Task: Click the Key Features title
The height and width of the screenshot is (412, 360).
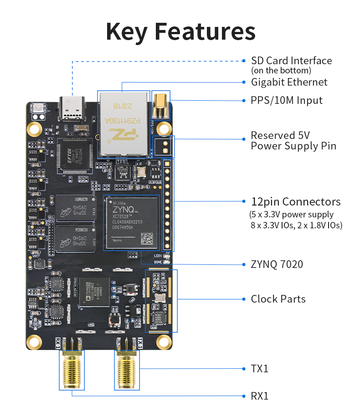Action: [x=180, y=31]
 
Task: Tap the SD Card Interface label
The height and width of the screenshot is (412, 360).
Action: [x=291, y=61]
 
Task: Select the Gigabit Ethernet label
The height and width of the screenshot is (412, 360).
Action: [x=289, y=82]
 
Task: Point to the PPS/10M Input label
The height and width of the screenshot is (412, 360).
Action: [x=287, y=100]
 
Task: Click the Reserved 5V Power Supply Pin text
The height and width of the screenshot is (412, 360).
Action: [x=293, y=141]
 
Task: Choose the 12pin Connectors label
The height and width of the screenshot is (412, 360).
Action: [x=296, y=201]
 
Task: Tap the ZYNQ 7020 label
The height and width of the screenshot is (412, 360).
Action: [x=277, y=264]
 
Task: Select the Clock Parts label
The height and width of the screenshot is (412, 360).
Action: [x=278, y=299]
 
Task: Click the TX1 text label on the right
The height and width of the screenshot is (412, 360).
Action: [x=260, y=368]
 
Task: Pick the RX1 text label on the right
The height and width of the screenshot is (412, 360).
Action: [x=260, y=396]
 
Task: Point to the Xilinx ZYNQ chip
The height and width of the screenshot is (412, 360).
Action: [x=132, y=222]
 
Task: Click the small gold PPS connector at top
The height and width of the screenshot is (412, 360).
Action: [x=160, y=105]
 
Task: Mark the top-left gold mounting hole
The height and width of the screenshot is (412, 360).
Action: [x=34, y=129]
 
